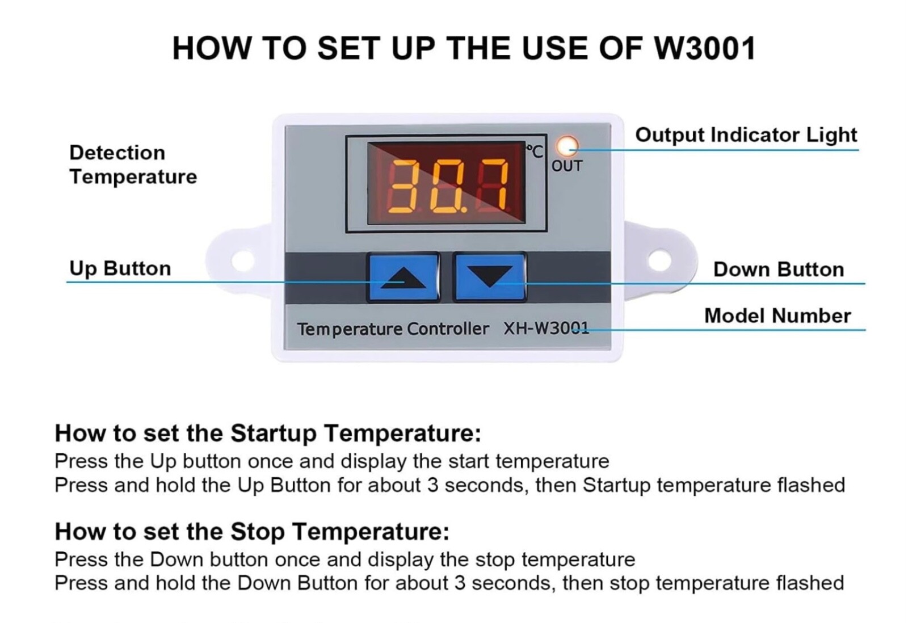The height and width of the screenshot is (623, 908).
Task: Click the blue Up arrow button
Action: [403, 277]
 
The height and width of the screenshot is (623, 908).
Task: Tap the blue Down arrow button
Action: [490, 277]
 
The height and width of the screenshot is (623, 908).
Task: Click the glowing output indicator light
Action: [567, 146]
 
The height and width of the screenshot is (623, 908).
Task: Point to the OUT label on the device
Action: [567, 166]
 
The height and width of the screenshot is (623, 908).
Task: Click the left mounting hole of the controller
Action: [242, 260]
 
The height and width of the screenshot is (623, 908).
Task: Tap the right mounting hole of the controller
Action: [659, 260]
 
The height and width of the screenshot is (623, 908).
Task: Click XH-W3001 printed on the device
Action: [546, 329]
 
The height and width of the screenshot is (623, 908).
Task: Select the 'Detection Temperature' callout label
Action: [133, 165]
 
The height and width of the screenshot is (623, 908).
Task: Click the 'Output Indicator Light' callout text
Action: [746, 135]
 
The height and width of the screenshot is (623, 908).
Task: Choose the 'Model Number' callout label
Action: [777, 316]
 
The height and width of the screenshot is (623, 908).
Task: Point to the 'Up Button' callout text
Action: [120, 269]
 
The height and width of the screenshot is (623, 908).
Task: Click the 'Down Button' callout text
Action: [779, 270]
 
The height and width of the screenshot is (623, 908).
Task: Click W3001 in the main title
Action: [705, 49]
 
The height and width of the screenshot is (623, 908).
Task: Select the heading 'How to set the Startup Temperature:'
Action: [268, 433]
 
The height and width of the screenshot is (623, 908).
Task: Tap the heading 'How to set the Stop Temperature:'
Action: [252, 532]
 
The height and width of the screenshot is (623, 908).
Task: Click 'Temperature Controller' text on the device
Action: [393, 329]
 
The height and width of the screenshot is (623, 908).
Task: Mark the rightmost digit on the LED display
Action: [491, 186]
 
